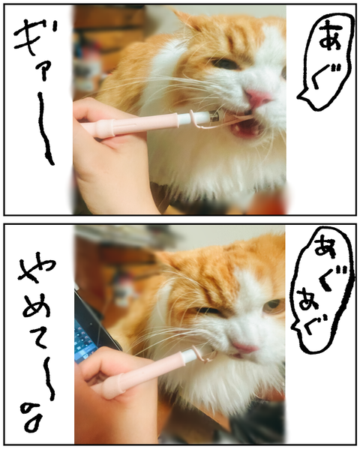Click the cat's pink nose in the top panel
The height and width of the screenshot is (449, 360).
tap(257, 98)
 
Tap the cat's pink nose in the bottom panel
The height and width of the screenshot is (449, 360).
tap(244, 347)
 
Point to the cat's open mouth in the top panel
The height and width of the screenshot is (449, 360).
tap(247, 128)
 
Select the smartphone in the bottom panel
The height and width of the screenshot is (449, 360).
tap(92, 328)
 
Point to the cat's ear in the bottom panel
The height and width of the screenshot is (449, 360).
tap(169, 259)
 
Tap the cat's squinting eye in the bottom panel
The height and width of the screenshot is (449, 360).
tap(208, 310)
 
